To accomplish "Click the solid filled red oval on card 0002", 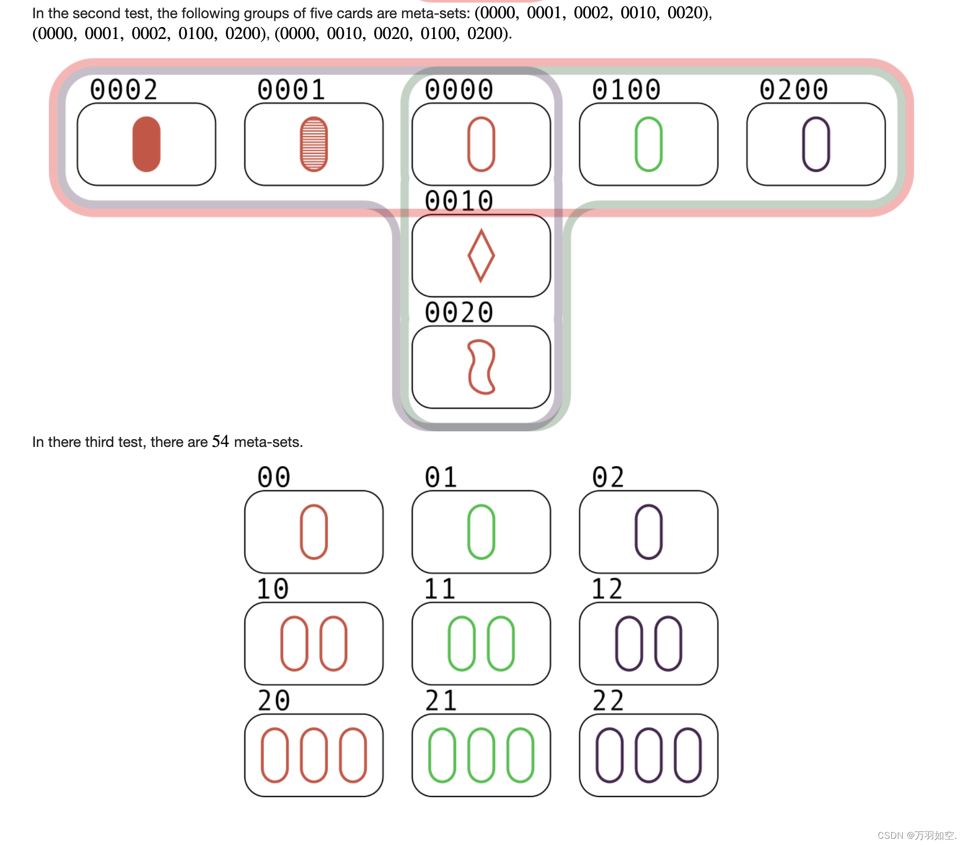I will [146, 144].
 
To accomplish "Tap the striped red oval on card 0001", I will [314, 144].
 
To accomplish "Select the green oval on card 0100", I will [648, 144].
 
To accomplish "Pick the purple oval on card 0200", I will [816, 144].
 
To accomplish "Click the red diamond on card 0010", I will [481, 256].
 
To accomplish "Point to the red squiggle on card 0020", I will [481, 367].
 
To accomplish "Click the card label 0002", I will [124, 89].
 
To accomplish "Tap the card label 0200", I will [793, 89].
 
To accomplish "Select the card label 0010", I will [459, 201].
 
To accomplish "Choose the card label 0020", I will [459, 312].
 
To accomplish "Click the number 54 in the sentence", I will [220, 442].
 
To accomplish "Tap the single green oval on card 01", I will [481, 532].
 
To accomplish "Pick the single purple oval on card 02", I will [648, 532].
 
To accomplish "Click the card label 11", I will [440, 589].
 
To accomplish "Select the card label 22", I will [607, 701].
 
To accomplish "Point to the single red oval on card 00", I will [314, 532].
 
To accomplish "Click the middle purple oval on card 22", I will [648, 755].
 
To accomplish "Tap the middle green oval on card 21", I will [481, 755].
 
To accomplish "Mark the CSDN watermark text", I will [917, 835].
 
